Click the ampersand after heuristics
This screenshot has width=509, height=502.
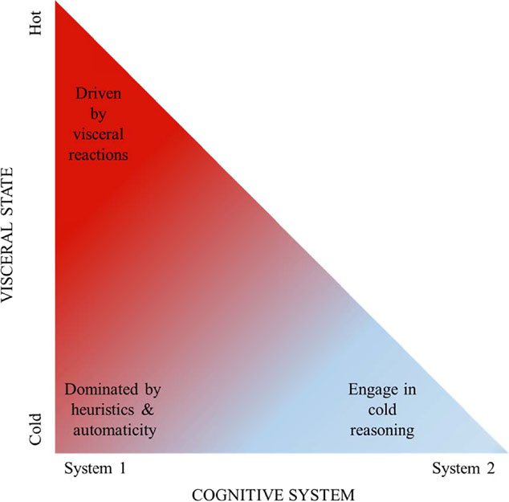tap(153, 410)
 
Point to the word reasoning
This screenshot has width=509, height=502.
tap(381, 431)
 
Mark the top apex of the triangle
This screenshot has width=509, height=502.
tap(55, 3)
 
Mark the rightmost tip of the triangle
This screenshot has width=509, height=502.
tap(506, 455)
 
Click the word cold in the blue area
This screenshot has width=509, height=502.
tap(381, 410)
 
